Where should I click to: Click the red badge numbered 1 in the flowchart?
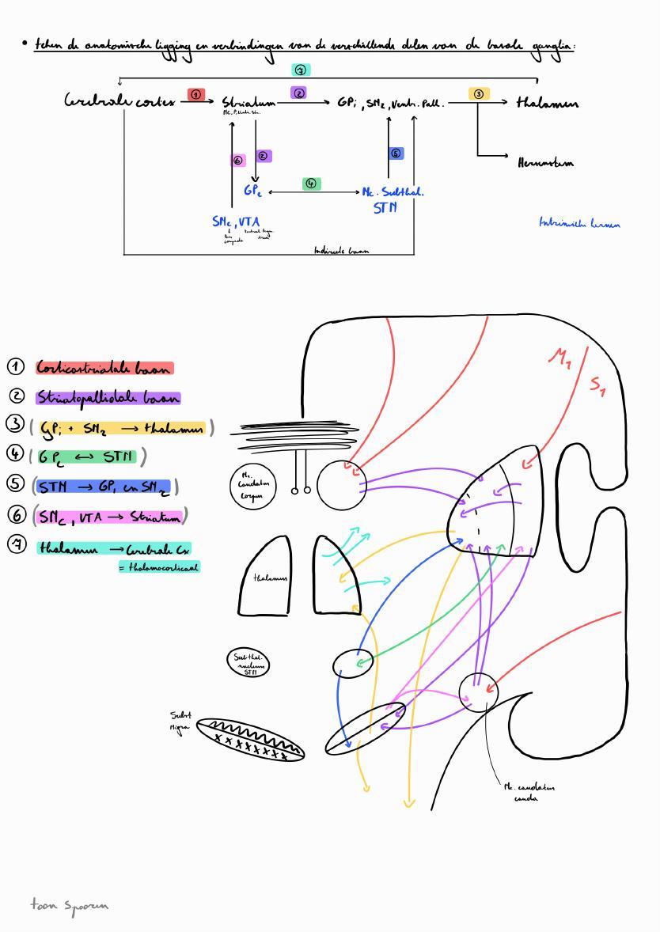[196, 95]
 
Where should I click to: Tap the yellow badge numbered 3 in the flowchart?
[479, 94]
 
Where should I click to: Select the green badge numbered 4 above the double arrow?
[312, 184]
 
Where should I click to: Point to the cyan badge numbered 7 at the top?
[301, 70]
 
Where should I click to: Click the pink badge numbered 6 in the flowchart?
[238, 161]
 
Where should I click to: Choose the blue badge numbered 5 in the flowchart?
[396, 153]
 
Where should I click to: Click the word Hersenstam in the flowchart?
[545, 163]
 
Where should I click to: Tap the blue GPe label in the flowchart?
[252, 191]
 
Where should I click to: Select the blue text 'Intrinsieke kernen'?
[579, 224]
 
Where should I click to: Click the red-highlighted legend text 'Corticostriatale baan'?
[104, 368]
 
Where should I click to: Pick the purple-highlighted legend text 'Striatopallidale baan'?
[108, 398]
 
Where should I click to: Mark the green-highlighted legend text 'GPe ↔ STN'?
[87, 457]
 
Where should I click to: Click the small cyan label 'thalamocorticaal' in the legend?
[159, 566]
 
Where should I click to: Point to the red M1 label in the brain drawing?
[559, 358]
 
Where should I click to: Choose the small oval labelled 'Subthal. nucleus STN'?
[248, 662]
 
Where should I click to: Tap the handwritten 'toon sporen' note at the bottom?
[69, 904]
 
